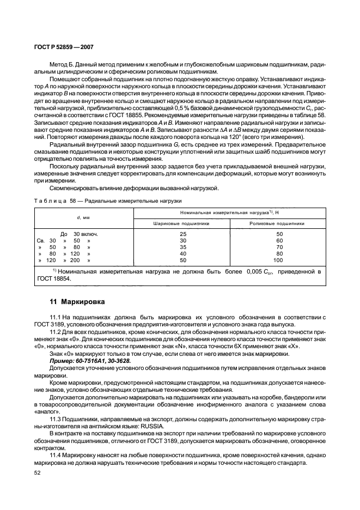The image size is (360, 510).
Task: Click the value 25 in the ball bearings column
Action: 182,233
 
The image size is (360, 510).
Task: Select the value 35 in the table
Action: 182,247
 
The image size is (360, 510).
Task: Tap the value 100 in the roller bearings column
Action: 278,260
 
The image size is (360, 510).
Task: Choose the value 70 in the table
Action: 278,247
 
